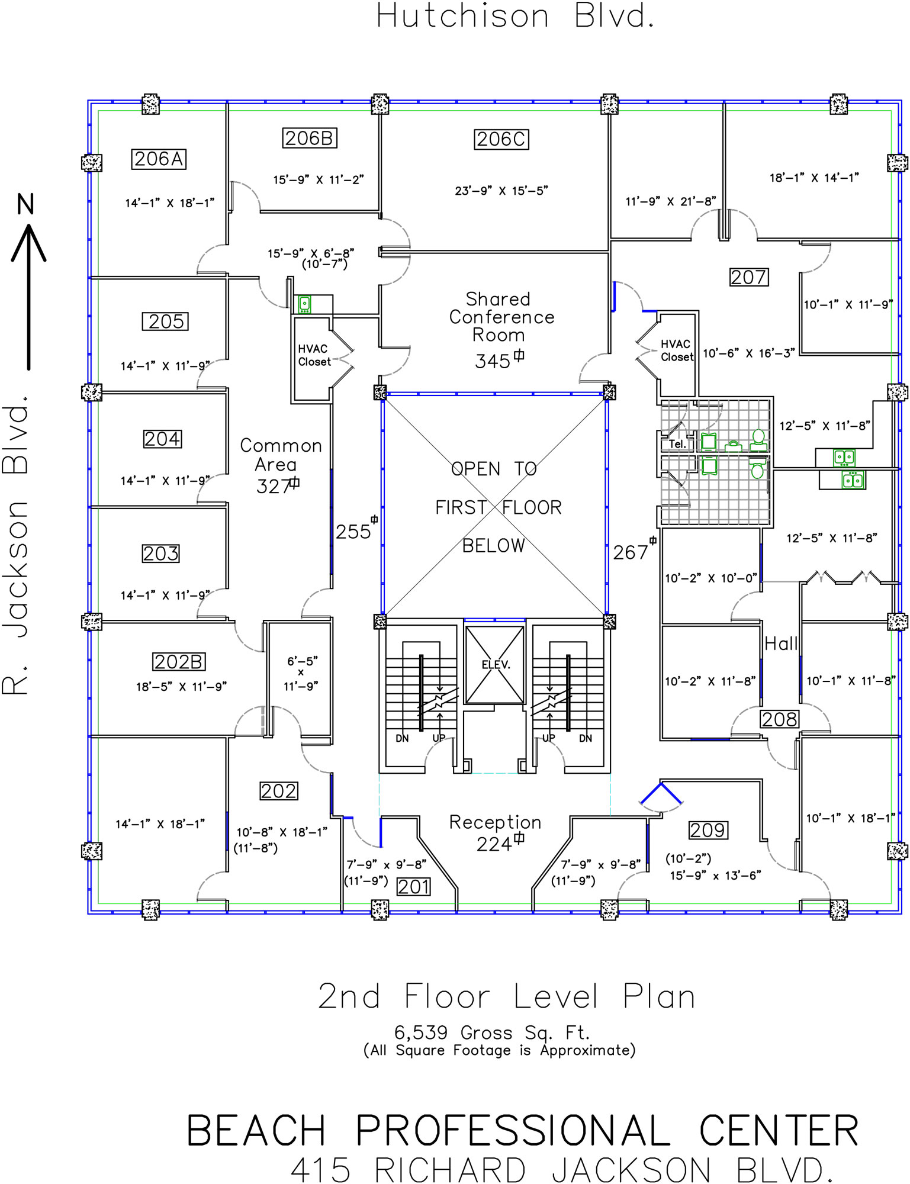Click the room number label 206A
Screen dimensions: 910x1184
(159, 159)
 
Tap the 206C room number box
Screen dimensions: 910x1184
(501, 139)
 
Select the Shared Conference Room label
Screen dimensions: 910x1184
(501, 317)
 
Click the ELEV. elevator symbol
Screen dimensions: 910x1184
(495, 665)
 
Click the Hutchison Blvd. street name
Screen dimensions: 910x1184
(516, 16)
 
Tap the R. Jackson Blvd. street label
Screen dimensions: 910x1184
(15, 545)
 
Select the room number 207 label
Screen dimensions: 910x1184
(749, 277)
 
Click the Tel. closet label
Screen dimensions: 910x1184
(676, 444)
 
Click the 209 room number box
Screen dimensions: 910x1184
(708, 830)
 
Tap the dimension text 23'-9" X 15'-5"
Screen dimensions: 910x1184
(501, 191)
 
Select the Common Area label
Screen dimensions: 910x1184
(281, 455)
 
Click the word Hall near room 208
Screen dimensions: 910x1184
(782, 644)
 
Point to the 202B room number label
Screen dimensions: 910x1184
(179, 661)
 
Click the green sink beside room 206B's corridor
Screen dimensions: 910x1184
(304, 304)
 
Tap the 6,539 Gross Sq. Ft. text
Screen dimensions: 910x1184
(492, 1033)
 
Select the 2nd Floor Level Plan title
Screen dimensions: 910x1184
(506, 996)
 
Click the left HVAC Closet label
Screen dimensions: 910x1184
(314, 355)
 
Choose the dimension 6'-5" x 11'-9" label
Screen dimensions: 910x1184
(301, 673)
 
